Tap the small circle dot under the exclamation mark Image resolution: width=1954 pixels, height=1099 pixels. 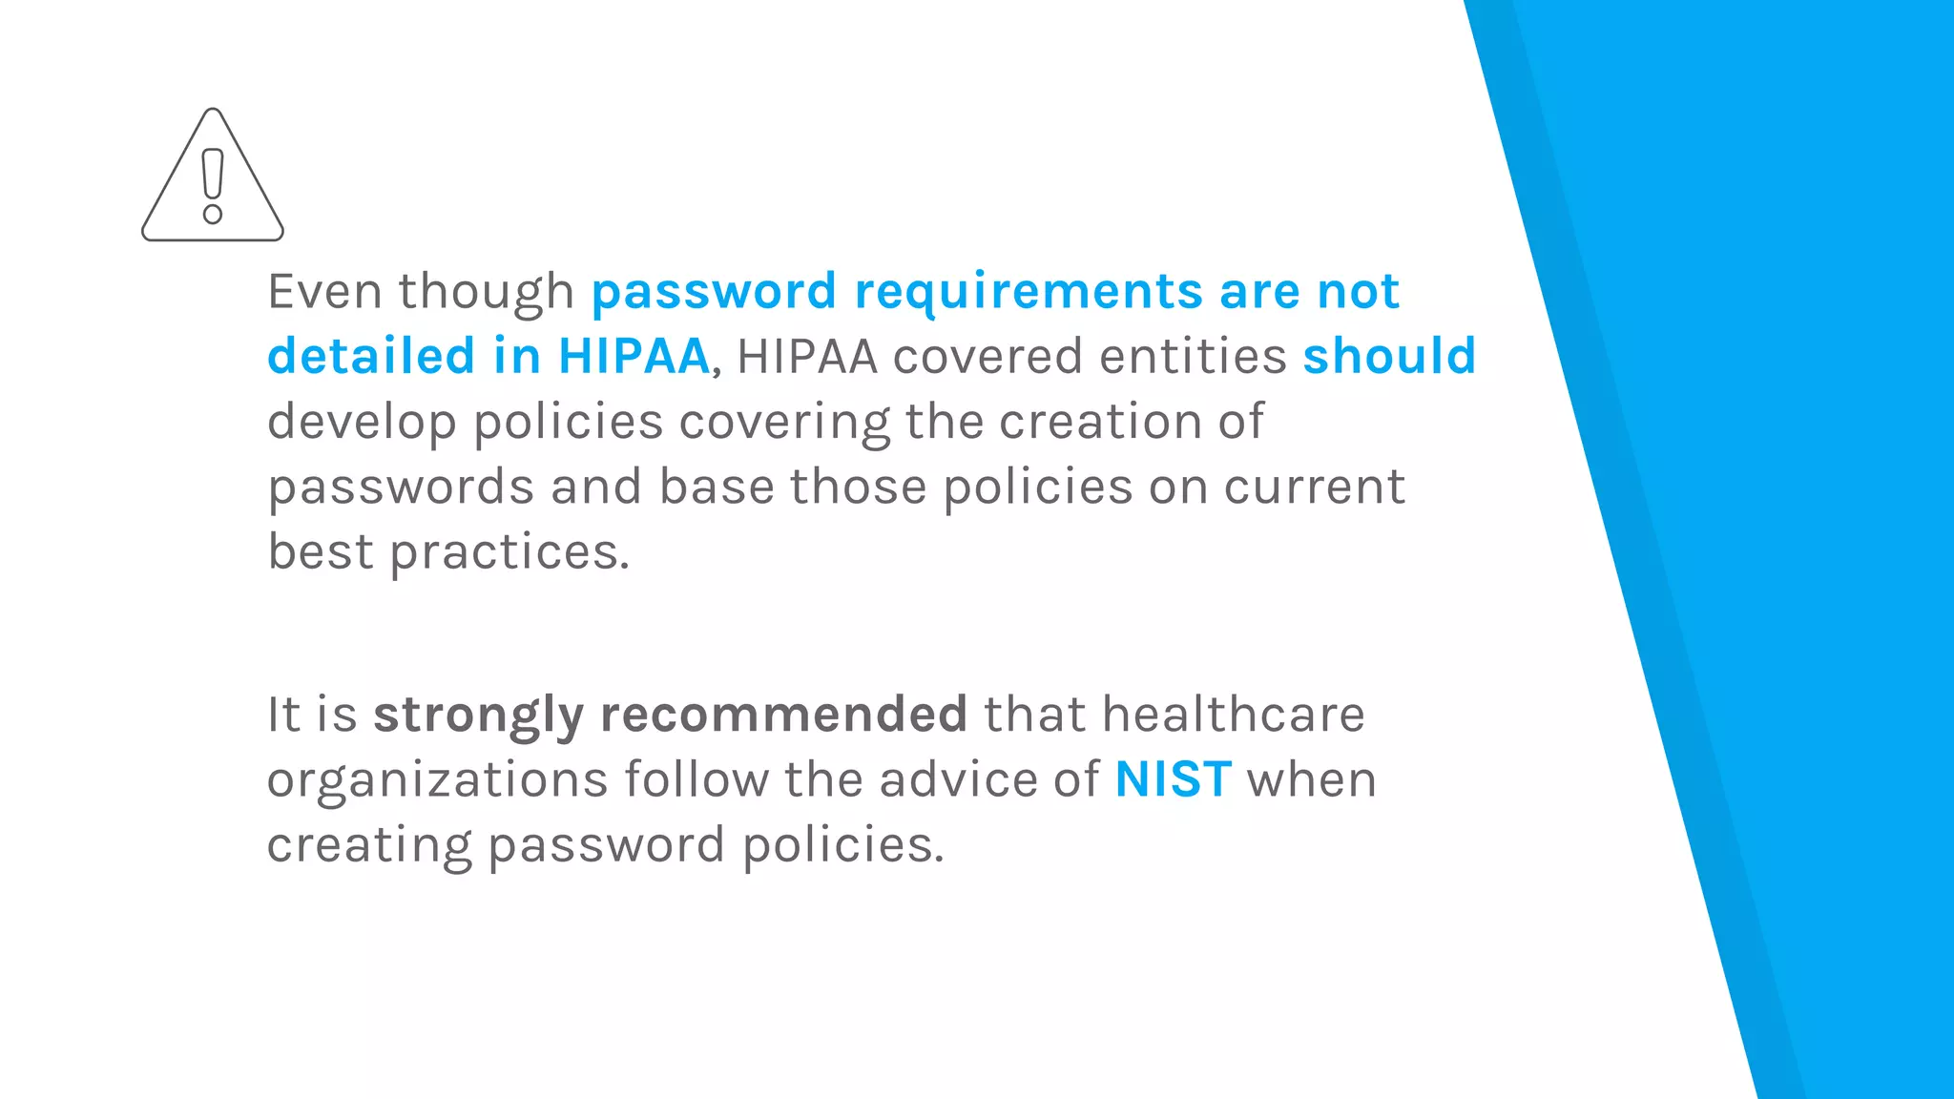click(x=213, y=215)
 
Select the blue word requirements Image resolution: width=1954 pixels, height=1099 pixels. click(x=1028, y=293)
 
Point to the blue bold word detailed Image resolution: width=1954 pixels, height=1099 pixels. click(x=371, y=356)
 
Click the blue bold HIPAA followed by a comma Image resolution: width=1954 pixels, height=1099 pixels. click(x=634, y=356)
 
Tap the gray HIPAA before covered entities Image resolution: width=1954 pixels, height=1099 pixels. click(x=807, y=356)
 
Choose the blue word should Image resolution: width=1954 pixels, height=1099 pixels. click(x=1389, y=356)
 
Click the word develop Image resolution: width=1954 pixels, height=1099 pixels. click(x=362, y=423)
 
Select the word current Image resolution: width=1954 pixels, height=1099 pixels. click(x=1314, y=487)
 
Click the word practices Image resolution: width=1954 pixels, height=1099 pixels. click(x=509, y=553)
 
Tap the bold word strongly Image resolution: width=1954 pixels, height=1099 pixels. click(x=478, y=715)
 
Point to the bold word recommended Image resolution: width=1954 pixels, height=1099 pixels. click(x=783, y=714)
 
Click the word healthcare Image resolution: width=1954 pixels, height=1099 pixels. click(x=1233, y=714)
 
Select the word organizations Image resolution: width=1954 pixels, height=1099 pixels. click(x=437, y=780)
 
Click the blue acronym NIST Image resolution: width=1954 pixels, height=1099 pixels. click(x=1173, y=779)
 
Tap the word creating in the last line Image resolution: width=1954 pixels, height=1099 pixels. click(x=368, y=846)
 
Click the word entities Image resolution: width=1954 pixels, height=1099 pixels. click(x=1193, y=356)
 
